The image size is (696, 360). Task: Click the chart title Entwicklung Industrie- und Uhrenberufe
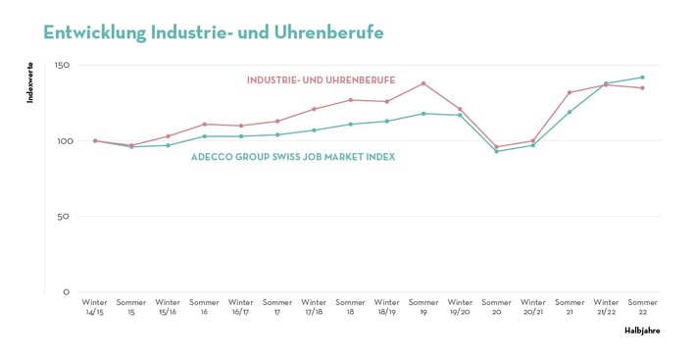pyautogui.click(x=213, y=32)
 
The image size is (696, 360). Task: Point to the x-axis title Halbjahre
pyautogui.click(x=642, y=331)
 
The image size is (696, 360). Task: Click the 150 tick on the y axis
pyautogui.click(x=62, y=66)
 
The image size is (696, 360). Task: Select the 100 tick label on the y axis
pyautogui.click(x=62, y=141)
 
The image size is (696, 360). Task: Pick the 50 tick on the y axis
pyautogui.click(x=65, y=217)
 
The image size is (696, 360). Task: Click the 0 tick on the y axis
pyautogui.click(x=67, y=292)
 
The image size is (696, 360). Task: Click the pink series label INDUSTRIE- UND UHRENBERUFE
pyautogui.click(x=321, y=79)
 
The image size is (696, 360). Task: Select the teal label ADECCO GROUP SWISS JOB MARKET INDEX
pyautogui.click(x=293, y=157)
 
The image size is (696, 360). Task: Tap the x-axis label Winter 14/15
pyautogui.click(x=95, y=306)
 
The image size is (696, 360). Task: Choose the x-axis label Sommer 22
pyautogui.click(x=642, y=306)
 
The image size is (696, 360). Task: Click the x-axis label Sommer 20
pyautogui.click(x=496, y=306)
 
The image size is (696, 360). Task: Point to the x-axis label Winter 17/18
pyautogui.click(x=314, y=306)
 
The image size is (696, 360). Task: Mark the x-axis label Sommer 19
pyautogui.click(x=423, y=306)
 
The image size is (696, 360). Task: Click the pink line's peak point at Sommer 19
pyautogui.click(x=423, y=83)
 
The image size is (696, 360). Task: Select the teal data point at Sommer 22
pyautogui.click(x=642, y=77)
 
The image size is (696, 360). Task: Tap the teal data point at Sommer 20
pyautogui.click(x=496, y=151)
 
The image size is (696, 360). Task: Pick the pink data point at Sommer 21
pyautogui.click(x=570, y=92)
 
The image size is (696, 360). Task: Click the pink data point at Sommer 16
pyautogui.click(x=204, y=125)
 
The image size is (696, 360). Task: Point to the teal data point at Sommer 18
pyautogui.click(x=350, y=125)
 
